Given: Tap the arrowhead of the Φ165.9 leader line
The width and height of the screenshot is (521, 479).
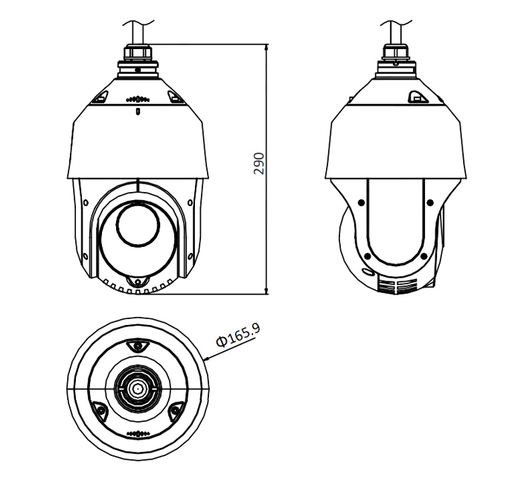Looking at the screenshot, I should point(206,361).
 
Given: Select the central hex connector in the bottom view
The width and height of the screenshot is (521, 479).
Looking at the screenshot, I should point(137,388).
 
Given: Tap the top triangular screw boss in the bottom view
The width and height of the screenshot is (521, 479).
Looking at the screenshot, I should point(137,346).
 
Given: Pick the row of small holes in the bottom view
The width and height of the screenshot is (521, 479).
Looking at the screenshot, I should point(138,433).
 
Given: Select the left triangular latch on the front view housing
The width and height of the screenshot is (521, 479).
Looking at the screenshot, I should point(101,96).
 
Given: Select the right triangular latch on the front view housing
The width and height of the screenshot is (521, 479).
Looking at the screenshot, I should point(174,96).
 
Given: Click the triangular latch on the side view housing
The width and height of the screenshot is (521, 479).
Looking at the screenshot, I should point(416,95).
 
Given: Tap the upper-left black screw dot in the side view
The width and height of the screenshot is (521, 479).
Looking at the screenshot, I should point(360,201).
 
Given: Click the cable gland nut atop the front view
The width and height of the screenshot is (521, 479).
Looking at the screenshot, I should point(138,56).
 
